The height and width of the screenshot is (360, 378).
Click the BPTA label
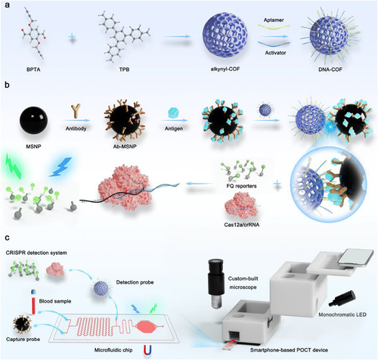tap(33, 70)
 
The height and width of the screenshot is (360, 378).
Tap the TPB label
tap(124, 70)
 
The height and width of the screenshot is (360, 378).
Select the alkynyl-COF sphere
tap(225, 36)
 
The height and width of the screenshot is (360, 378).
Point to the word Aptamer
tap(274, 20)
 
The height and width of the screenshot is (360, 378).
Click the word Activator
tap(275, 53)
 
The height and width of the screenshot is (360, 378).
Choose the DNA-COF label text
tap(330, 70)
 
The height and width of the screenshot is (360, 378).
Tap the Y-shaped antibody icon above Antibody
tap(76, 111)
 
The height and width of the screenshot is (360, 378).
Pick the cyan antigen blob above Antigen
tap(173, 113)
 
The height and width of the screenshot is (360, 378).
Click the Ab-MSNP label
tap(125, 146)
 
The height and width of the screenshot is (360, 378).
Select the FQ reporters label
tap(241, 186)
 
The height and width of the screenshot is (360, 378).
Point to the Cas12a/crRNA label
tap(241, 224)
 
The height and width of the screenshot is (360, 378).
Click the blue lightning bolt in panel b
tap(60, 167)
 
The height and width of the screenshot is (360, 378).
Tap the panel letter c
tap(8, 237)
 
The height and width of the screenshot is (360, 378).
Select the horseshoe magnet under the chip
tap(147, 350)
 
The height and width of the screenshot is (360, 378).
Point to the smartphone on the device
tap(356, 260)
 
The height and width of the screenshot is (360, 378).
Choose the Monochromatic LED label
tap(342, 315)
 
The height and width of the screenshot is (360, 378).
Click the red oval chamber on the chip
tap(146, 327)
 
